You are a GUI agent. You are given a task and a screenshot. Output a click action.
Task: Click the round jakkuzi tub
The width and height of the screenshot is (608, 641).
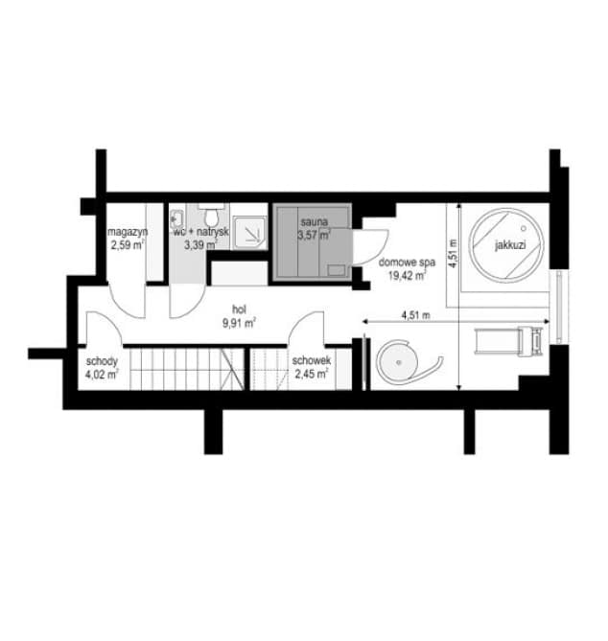(506, 244)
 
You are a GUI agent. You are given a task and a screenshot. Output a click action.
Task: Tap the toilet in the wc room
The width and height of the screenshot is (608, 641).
(212, 216)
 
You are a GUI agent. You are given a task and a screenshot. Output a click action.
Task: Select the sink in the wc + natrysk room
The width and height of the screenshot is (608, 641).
(176, 217)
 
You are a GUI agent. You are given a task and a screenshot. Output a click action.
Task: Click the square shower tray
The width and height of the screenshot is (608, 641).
(250, 233)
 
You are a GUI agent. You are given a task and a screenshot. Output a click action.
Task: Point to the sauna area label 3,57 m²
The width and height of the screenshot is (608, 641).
(314, 236)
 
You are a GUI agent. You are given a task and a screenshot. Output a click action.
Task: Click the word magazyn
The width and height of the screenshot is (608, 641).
(128, 232)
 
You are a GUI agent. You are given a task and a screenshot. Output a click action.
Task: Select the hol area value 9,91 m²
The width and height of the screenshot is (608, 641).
(239, 323)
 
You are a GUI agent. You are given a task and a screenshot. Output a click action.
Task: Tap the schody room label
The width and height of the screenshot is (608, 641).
(102, 361)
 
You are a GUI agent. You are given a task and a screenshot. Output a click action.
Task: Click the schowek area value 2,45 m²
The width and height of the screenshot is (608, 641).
(312, 374)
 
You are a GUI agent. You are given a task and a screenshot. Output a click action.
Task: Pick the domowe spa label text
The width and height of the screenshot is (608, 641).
(407, 263)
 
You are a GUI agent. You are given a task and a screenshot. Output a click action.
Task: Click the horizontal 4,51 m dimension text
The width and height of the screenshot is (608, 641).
(415, 315)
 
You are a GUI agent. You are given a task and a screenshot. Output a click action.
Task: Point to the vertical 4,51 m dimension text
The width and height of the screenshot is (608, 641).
(453, 254)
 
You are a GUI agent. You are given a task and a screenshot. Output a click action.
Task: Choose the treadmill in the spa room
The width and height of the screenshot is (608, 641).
(508, 341)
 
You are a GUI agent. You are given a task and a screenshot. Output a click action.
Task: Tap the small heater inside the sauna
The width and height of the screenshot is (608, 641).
(337, 270)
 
